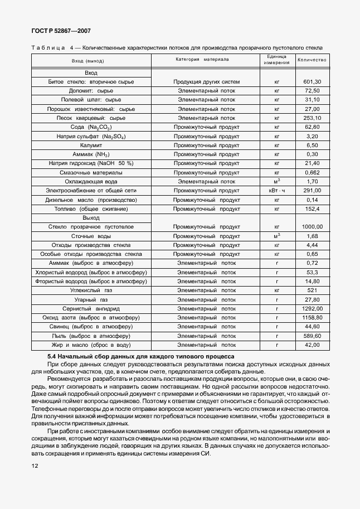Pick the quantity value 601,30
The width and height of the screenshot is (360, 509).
click(x=312, y=82)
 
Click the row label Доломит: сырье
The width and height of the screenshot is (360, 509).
click(x=91, y=91)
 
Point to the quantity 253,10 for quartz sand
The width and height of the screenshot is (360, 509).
click(x=312, y=118)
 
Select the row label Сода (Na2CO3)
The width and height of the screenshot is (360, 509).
click(x=91, y=127)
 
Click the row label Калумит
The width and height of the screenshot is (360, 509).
click(x=91, y=145)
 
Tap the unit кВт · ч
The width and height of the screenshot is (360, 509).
click(x=276, y=190)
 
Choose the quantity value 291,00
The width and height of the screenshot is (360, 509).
click(x=312, y=190)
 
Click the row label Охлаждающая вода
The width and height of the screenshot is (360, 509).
click(x=91, y=181)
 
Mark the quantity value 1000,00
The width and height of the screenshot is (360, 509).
click(x=312, y=227)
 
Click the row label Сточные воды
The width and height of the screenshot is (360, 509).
click(x=91, y=236)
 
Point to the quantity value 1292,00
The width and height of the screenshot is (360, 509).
click(x=312, y=308)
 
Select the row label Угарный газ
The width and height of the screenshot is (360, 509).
click(x=91, y=299)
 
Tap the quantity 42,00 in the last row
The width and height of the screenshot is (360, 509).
click(x=312, y=345)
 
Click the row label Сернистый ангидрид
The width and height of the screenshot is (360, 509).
click(x=91, y=308)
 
